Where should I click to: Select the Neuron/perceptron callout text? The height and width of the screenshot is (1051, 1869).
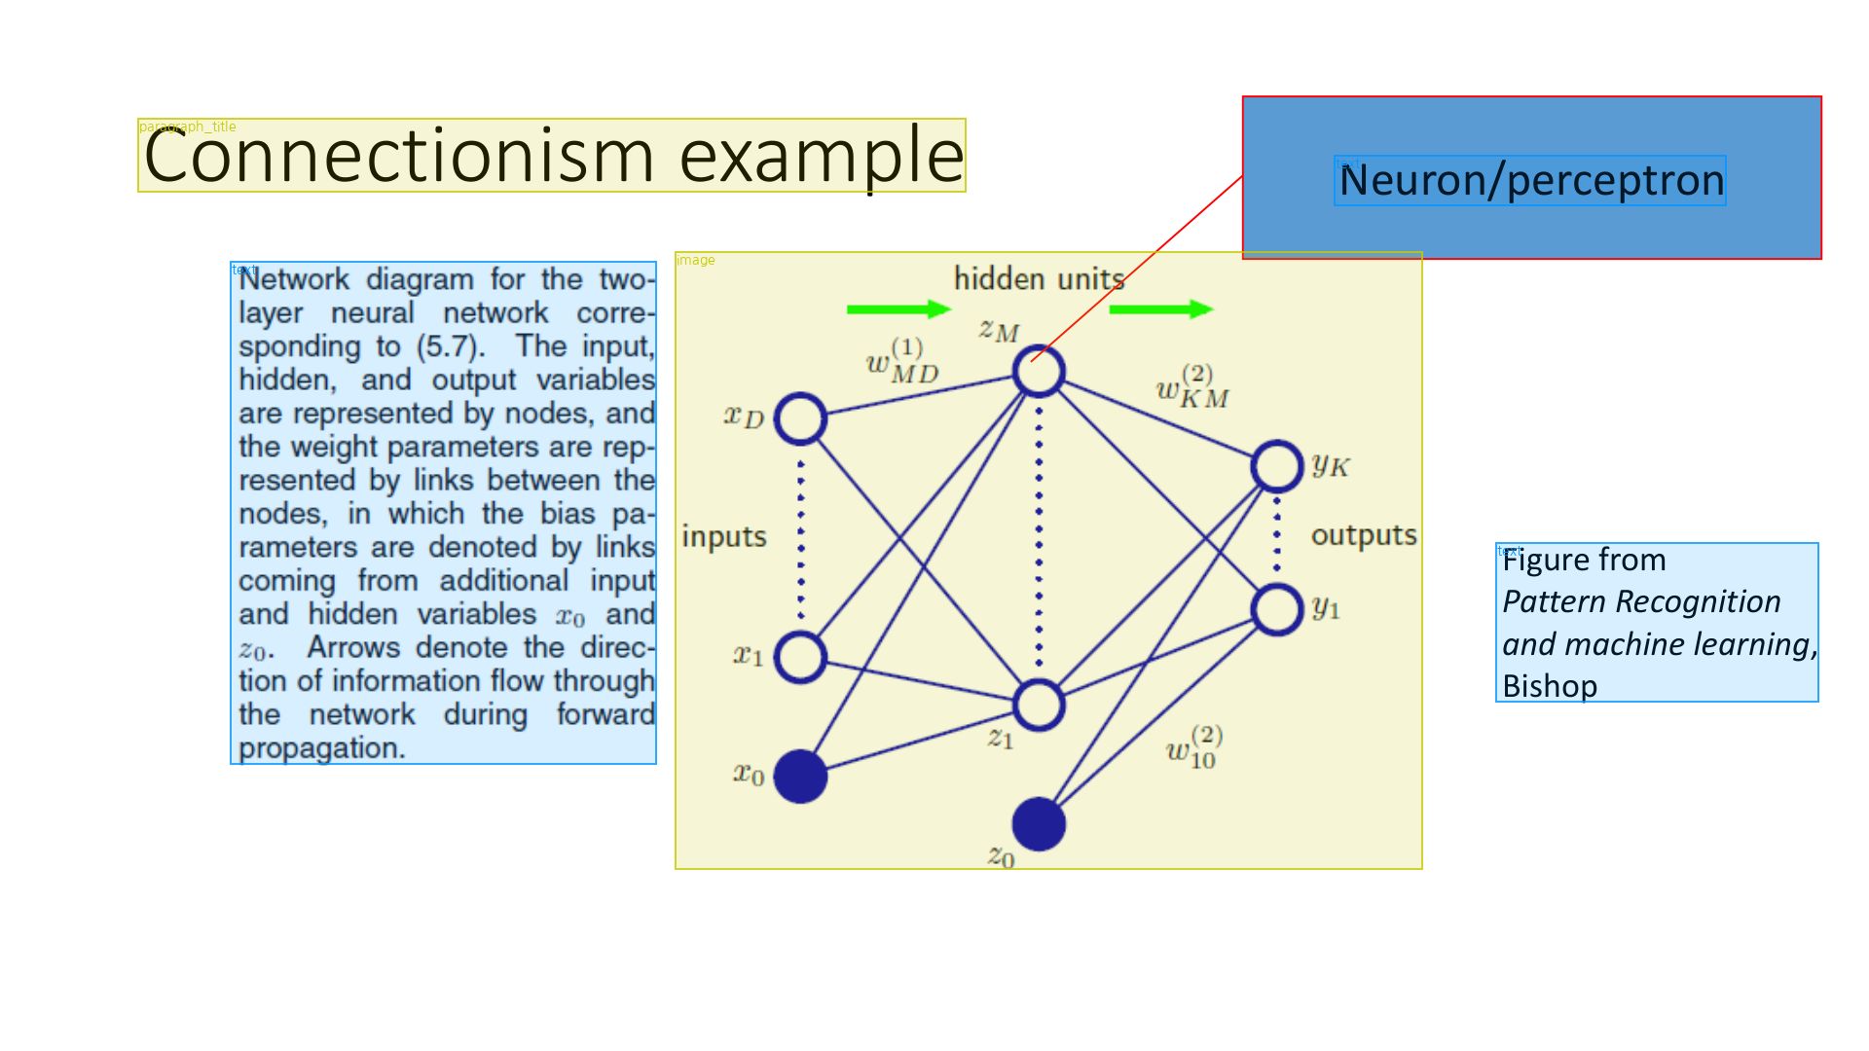pyautogui.click(x=1530, y=181)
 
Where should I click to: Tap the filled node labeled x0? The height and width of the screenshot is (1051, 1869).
pyautogui.click(x=800, y=776)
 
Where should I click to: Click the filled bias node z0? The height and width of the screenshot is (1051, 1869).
pyautogui.click(x=1039, y=824)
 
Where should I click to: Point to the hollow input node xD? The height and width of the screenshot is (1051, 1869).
pyautogui.click(x=800, y=419)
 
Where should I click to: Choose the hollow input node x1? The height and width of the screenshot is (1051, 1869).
pyautogui.click(x=800, y=657)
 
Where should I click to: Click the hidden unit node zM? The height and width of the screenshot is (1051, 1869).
pyautogui.click(x=1039, y=372)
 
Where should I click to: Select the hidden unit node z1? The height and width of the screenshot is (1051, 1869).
pyautogui.click(x=1039, y=706)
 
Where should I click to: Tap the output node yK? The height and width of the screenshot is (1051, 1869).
pyautogui.click(x=1276, y=466)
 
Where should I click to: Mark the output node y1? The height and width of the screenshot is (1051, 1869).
pyautogui.click(x=1276, y=609)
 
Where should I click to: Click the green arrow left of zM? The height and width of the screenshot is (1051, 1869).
pyautogui.click(x=898, y=309)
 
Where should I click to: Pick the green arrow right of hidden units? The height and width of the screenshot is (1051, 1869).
pyautogui.click(x=1160, y=309)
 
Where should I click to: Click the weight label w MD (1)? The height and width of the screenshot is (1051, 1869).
pyautogui.click(x=901, y=362)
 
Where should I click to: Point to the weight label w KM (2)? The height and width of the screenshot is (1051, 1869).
pyautogui.click(x=1192, y=387)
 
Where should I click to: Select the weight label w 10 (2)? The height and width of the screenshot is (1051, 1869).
pyautogui.click(x=1194, y=747)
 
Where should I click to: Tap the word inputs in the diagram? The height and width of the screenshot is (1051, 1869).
pyautogui.click(x=724, y=536)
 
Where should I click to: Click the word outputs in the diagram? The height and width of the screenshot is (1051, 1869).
pyautogui.click(x=1363, y=535)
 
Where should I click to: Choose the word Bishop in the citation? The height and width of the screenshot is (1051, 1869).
pyautogui.click(x=1550, y=686)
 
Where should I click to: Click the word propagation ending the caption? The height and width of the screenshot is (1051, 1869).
pyautogui.click(x=321, y=748)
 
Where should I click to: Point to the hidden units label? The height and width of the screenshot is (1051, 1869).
pyautogui.click(x=1038, y=279)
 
